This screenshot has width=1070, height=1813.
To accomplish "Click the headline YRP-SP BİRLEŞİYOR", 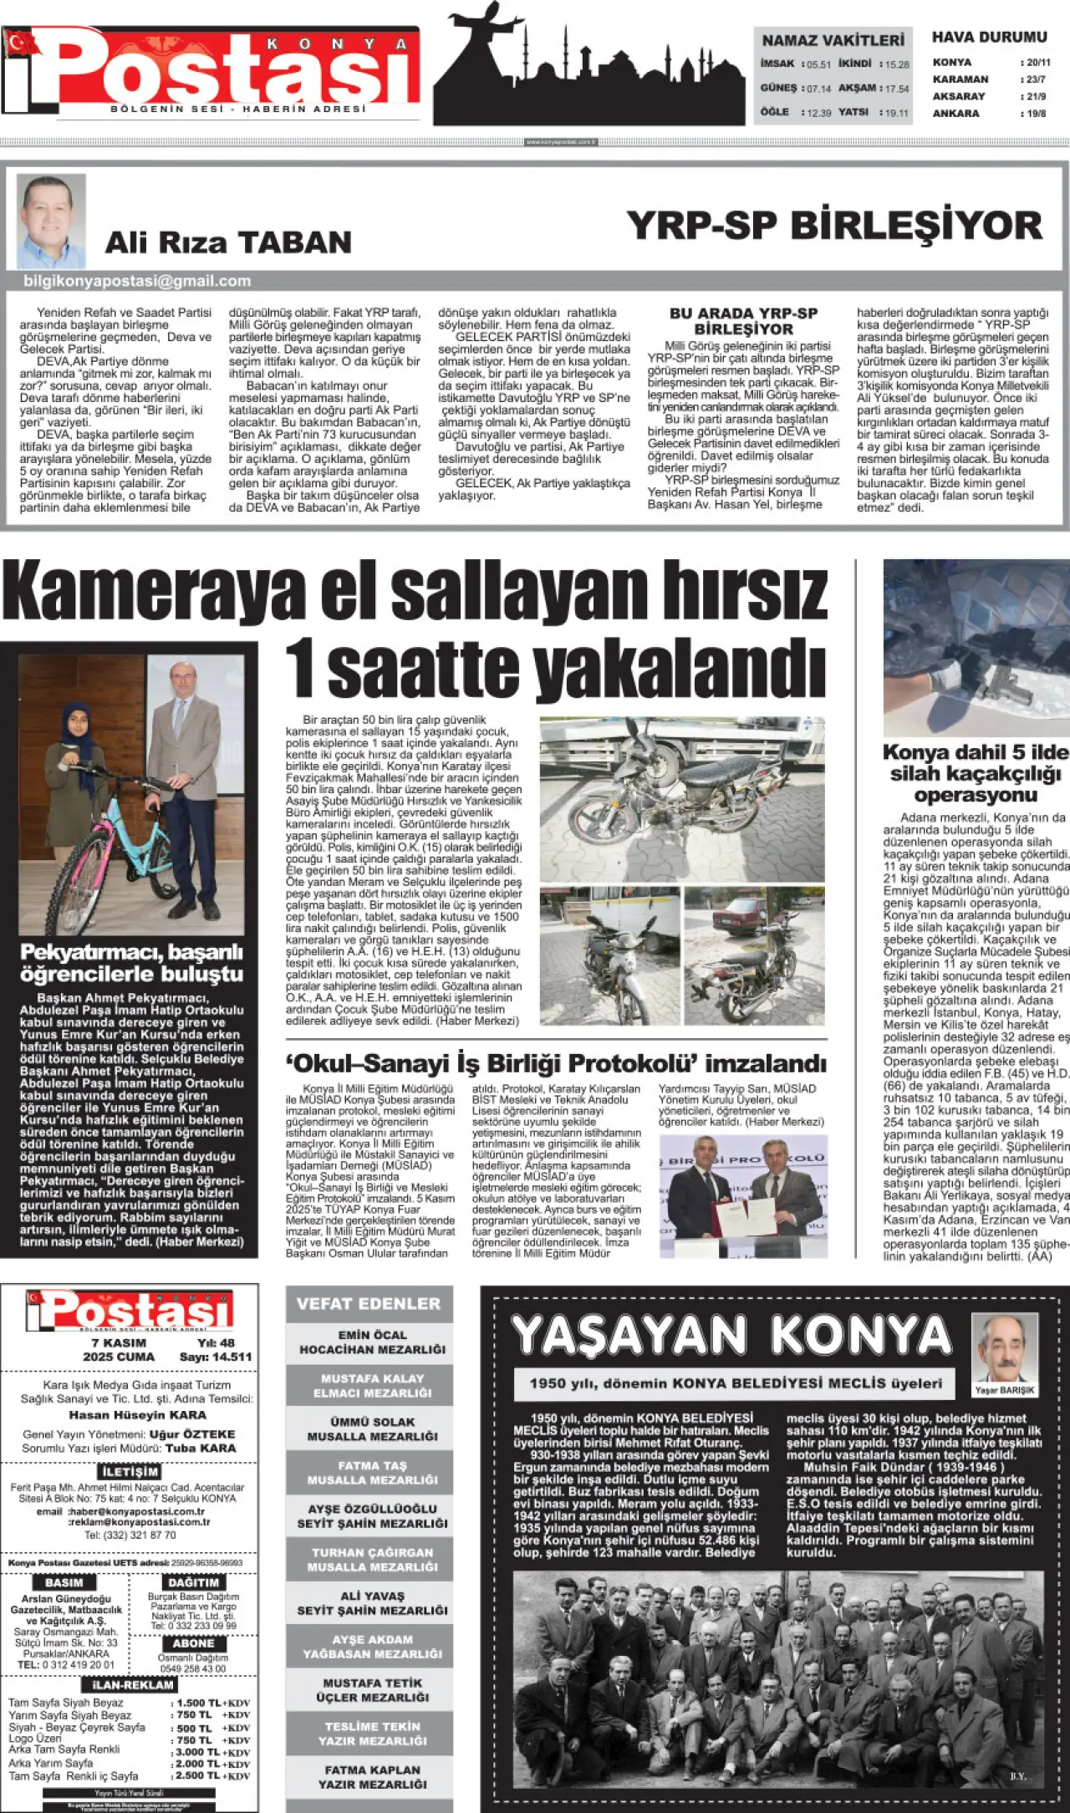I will (834, 227).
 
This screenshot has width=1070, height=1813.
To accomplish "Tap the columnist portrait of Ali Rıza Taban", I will (51, 221).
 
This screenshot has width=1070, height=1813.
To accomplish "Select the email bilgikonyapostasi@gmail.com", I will (137, 281).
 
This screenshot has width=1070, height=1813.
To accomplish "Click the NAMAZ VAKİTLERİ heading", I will (833, 40).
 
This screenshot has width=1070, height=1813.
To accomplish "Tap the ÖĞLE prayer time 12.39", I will (818, 113).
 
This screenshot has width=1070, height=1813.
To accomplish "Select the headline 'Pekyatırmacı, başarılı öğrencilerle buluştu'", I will (131, 963).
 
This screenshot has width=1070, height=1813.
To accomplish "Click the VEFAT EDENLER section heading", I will (369, 1303).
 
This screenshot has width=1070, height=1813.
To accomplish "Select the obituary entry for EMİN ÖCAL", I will (372, 1342).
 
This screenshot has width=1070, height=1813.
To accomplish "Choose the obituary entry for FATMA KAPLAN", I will (372, 1776).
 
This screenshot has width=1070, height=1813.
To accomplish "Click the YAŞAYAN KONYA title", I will (732, 1335).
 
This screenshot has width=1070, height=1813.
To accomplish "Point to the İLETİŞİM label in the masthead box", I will (130, 1471).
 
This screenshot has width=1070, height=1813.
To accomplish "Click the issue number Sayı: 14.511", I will (215, 1357).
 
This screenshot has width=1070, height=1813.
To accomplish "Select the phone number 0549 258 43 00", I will (192, 1668).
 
